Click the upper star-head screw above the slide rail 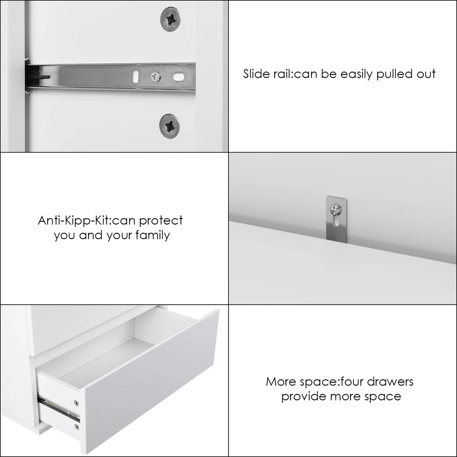170,19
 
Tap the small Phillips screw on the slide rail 156,77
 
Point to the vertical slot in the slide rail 136,77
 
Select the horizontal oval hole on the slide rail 179,77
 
